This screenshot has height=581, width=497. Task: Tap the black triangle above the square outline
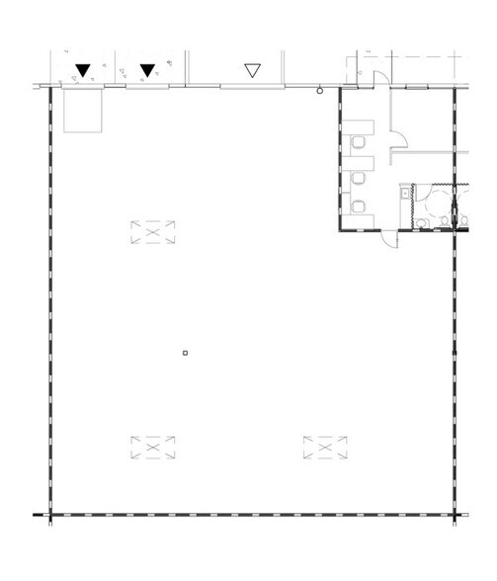83,69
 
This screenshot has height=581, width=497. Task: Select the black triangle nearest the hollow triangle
147,69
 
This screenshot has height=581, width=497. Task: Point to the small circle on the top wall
319,91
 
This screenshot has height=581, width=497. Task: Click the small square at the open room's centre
185,352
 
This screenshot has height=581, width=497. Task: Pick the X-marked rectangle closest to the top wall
151,232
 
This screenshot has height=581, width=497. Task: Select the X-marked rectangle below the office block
322,449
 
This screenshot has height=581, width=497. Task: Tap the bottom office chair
360,206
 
